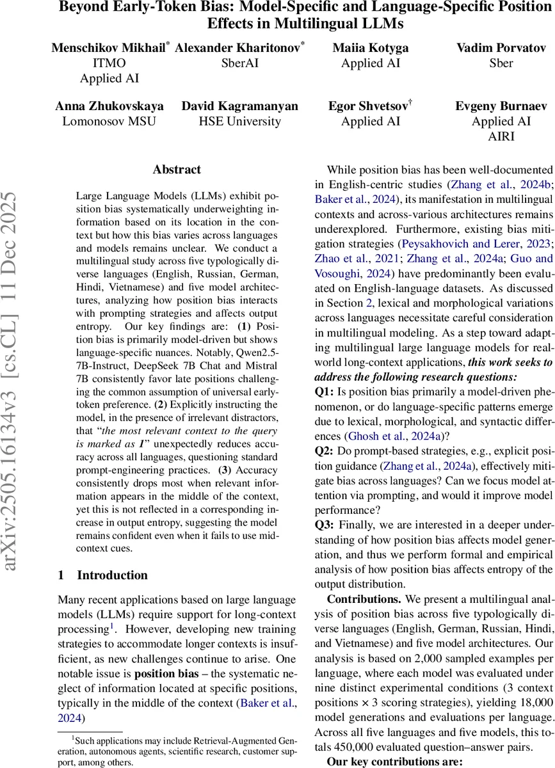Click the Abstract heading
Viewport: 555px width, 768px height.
click(x=177, y=170)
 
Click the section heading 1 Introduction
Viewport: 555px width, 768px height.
click(x=102, y=575)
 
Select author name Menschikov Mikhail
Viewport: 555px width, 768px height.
click(x=109, y=48)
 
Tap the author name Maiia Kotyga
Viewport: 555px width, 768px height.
click(x=371, y=48)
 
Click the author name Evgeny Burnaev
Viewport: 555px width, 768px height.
click(x=501, y=106)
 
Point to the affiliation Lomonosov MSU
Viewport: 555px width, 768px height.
click(x=109, y=121)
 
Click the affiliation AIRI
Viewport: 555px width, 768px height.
click(x=501, y=136)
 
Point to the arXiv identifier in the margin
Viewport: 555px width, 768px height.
click(x=17, y=384)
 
